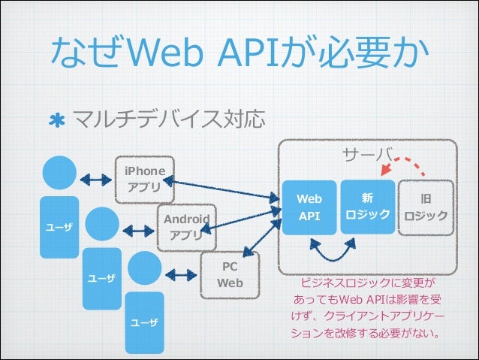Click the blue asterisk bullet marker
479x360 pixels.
(x=56, y=121)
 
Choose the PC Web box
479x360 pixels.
(x=230, y=275)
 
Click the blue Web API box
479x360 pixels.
(x=309, y=207)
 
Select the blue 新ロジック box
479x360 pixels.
(x=366, y=206)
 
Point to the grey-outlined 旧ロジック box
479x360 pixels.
(x=426, y=207)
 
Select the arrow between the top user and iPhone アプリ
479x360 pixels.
(x=95, y=180)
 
